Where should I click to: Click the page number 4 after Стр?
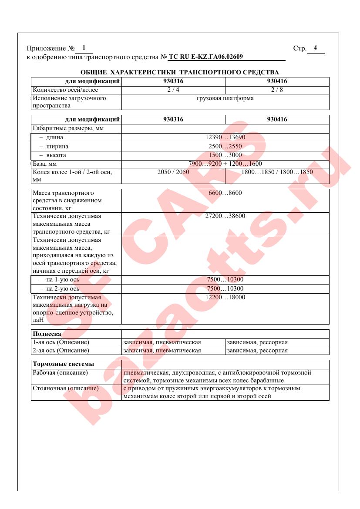[x=315, y=48]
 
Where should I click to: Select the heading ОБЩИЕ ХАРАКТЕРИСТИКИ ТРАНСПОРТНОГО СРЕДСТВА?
[x=180, y=72]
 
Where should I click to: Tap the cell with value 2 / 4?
[x=173, y=90]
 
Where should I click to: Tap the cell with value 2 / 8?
[x=277, y=90]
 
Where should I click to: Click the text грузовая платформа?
[x=225, y=98]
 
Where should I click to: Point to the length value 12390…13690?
[x=225, y=137]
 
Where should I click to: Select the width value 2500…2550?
[x=225, y=146]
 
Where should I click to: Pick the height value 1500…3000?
[x=225, y=155]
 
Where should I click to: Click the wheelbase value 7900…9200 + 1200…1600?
[x=225, y=164]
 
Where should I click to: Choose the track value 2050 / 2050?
[x=173, y=172]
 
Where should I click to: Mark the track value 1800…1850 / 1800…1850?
[x=277, y=172]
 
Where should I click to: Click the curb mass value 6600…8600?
[x=225, y=193]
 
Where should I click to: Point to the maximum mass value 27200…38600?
[x=225, y=216]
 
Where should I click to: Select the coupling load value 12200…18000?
[x=225, y=297]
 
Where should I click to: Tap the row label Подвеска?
[x=47, y=334]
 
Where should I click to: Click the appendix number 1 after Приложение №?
[x=84, y=47]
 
